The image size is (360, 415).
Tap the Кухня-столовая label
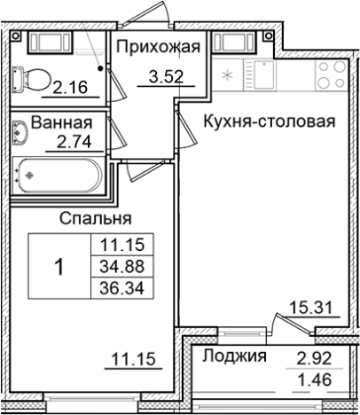pyautogui.click(x=268, y=121)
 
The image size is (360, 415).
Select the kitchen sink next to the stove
pyautogui.click(x=269, y=74)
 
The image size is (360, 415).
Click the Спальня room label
pyautogui.click(x=96, y=217)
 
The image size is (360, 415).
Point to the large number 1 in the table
pyautogui.click(x=59, y=266)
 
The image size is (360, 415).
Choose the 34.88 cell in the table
pyautogui.click(x=123, y=266)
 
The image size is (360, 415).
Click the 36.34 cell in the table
pyautogui.click(x=123, y=287)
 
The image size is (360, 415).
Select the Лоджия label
pyautogui.click(x=234, y=357)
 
